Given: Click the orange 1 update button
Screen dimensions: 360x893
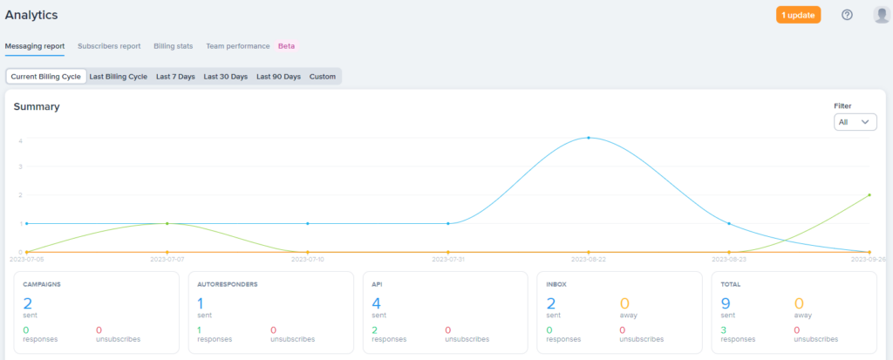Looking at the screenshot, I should pyautogui.click(x=798, y=15).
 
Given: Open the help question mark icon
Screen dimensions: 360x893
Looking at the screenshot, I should pyautogui.click(x=847, y=15).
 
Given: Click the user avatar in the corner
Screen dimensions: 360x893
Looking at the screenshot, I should pyautogui.click(x=881, y=15).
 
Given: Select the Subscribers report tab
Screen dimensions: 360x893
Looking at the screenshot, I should pyautogui.click(x=109, y=46).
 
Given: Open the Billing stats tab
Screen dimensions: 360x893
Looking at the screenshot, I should pyautogui.click(x=174, y=46).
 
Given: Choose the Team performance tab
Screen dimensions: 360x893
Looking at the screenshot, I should pyautogui.click(x=238, y=46).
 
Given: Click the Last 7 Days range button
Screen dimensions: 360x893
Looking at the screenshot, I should pyautogui.click(x=175, y=77).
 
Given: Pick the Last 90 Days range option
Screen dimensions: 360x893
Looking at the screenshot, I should pyautogui.click(x=278, y=77).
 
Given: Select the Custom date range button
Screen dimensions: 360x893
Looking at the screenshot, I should pyautogui.click(x=323, y=77).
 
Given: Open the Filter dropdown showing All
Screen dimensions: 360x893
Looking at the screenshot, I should pyautogui.click(x=855, y=122).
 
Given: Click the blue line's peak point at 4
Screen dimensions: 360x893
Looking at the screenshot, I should pyautogui.click(x=589, y=138).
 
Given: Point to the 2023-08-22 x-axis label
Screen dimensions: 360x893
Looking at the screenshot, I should pyautogui.click(x=589, y=259).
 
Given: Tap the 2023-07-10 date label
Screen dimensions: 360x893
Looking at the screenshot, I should pyautogui.click(x=308, y=259).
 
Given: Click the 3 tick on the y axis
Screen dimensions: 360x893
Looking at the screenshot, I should pyautogui.click(x=20, y=166).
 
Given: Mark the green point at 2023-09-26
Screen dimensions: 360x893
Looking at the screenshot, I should pyautogui.click(x=869, y=194).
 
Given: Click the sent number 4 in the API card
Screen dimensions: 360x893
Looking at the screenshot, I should pyautogui.click(x=377, y=302).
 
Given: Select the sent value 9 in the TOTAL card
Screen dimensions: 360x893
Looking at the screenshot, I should pyautogui.click(x=726, y=302).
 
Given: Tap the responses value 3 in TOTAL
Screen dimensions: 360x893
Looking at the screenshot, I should pyautogui.click(x=724, y=330).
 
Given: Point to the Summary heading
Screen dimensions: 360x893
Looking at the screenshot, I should pyautogui.click(x=37, y=106).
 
